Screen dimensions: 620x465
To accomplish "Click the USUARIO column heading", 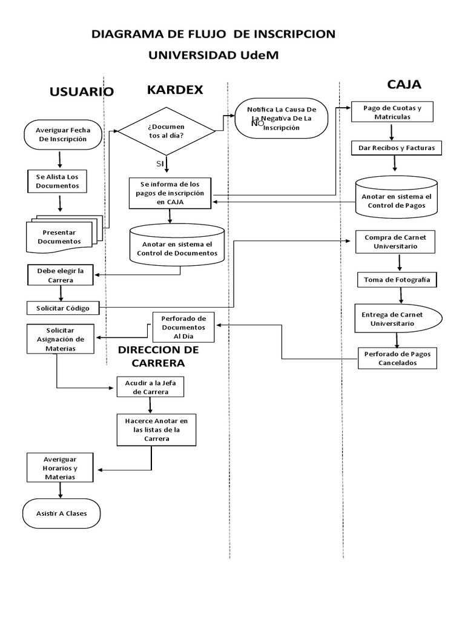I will (81, 92).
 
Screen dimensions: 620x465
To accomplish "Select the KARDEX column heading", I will (175, 90).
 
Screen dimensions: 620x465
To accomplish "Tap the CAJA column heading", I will (404, 84).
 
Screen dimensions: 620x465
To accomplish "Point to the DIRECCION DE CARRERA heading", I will (159, 356).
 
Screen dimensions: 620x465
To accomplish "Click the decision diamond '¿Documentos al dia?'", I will (166, 131).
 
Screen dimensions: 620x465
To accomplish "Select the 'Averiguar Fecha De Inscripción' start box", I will (61, 134).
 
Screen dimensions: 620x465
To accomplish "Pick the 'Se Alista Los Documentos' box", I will (58, 181).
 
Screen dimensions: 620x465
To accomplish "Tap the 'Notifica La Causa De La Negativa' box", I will (281, 119).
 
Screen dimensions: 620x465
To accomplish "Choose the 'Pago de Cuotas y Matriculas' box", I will (392, 112).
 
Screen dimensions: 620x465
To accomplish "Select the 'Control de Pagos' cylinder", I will (397, 197).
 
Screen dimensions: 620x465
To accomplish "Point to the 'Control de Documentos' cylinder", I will (177, 245).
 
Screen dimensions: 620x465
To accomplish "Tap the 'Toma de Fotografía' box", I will (397, 280).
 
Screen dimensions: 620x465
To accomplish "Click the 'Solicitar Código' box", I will (63, 308).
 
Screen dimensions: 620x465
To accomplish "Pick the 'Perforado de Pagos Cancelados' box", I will (397, 358).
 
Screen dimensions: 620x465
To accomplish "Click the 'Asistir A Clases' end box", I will (61, 513).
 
